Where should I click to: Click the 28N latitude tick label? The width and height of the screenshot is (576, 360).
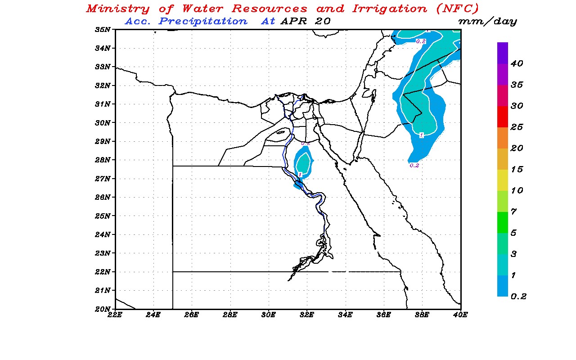pos(103,160)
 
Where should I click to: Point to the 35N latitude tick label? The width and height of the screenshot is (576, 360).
pos(103,30)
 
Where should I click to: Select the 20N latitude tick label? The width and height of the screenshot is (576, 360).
pos(103,309)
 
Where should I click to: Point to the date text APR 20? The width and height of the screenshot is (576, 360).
pos(305,21)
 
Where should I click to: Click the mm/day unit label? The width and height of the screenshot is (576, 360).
pos(487,22)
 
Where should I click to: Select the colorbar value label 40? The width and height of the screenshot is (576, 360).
pos(517,64)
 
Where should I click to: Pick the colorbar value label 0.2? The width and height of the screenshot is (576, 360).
pos(517,296)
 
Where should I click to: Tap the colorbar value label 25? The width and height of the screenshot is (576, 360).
pos(517,127)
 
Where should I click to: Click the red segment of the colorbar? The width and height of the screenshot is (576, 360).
pos(503,117)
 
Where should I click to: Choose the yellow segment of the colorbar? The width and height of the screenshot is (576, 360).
pos(503,180)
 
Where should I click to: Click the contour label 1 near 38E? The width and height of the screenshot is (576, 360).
pos(421,135)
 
